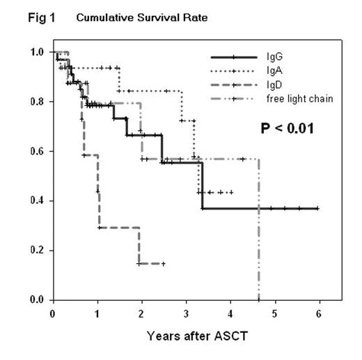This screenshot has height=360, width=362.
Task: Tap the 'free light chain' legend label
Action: click(x=304, y=98)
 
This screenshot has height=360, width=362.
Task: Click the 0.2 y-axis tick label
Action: click(x=38, y=250)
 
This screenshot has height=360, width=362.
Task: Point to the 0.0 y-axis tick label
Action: click(x=38, y=300)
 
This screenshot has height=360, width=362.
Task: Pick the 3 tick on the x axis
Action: click(x=187, y=313)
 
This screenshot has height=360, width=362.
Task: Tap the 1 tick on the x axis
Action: click(x=97, y=313)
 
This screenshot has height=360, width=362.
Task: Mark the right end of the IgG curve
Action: click(x=318, y=208)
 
